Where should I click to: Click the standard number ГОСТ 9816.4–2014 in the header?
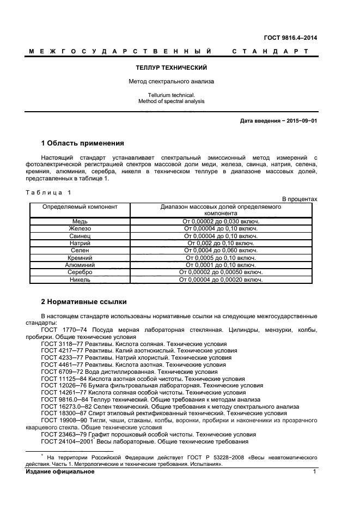pyautogui.click(x=291, y=38)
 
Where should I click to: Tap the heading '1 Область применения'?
pyautogui.click(x=83, y=144)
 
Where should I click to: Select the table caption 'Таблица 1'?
pyautogui.click(x=48, y=192)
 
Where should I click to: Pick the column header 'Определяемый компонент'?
pyautogui.click(x=80, y=207)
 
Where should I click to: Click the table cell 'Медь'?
pyautogui.click(x=80, y=221)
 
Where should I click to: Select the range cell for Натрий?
pyautogui.click(x=221, y=243)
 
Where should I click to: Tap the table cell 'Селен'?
pyautogui.click(x=80, y=250)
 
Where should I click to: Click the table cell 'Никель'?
pyautogui.click(x=80, y=280)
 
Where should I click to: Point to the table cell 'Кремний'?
pyautogui.click(x=80, y=257)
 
